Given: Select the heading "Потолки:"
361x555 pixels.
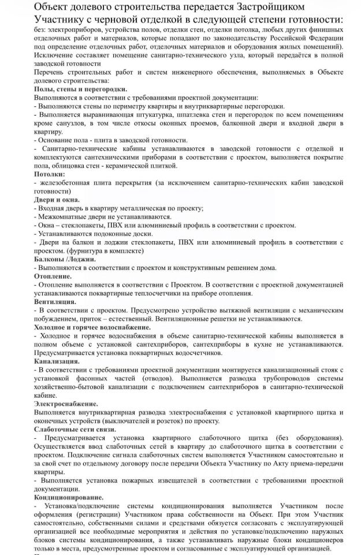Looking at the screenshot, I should (x=49, y=173).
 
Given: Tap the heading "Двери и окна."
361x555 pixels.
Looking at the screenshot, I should (x=58, y=199).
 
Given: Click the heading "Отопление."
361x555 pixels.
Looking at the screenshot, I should (x=53, y=276).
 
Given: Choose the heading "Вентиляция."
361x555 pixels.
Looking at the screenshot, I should (x=55, y=301).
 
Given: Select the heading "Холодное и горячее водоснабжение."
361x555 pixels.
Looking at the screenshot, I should (x=92, y=327).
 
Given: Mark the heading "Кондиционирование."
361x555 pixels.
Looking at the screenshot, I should (x=69, y=496).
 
